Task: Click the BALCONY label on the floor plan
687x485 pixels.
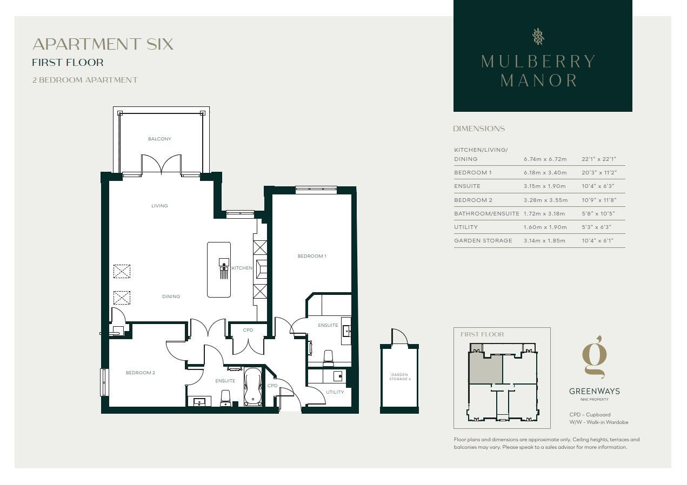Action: (159, 139)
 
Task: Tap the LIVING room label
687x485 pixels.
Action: (159, 206)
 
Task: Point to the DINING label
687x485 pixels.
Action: (171, 297)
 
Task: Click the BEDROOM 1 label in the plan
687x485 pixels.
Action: (312, 256)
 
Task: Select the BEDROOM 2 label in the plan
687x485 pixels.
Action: (140, 373)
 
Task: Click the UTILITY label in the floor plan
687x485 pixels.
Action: (335, 392)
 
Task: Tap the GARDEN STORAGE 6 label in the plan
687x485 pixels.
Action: (399, 377)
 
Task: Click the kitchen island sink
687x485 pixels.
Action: (224, 262)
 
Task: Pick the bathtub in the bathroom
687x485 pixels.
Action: (253, 386)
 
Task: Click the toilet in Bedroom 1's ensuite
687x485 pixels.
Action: (328, 358)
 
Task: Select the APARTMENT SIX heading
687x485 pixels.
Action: (103, 44)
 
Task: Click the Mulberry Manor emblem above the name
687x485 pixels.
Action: (538, 37)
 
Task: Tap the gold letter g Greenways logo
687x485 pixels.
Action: (595, 357)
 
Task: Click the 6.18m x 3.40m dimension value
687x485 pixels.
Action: (545, 172)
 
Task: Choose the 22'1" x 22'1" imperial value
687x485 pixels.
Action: (599, 159)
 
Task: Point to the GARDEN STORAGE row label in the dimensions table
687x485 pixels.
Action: (483, 240)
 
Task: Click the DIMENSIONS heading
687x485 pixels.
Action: (479, 129)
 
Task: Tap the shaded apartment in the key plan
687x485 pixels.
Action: (485, 368)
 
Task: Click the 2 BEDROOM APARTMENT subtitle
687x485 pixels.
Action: (85, 80)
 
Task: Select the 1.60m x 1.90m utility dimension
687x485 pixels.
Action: (545, 227)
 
